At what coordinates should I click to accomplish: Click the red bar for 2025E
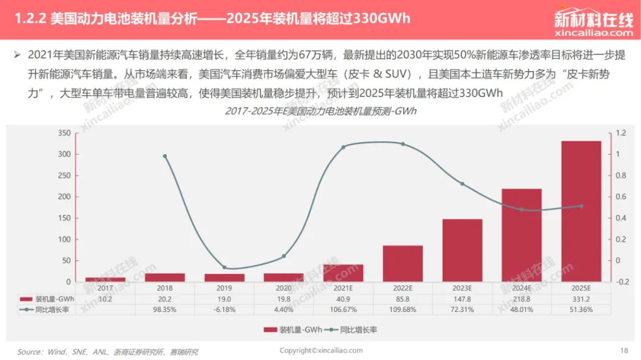581,211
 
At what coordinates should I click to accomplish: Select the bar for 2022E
402,263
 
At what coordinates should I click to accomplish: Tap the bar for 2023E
462,250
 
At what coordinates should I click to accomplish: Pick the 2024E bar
522,235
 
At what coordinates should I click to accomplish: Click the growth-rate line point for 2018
165,156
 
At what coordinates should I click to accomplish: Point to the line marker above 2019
224,267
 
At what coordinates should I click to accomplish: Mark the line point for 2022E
402,144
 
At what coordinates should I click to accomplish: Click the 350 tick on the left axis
64,133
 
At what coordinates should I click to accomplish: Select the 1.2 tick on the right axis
621,133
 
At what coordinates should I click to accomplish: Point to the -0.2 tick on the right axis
622,282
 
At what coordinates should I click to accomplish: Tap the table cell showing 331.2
581,299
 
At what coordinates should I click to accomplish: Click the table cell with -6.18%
224,310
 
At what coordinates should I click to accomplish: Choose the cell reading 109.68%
402,310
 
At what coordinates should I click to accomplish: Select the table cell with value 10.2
105,299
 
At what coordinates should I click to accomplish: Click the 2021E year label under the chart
343,288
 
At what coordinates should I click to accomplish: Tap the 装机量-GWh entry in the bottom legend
293,330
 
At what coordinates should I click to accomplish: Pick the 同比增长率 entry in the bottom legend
351,330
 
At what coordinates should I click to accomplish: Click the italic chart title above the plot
320,111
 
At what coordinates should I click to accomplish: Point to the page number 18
624,350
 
